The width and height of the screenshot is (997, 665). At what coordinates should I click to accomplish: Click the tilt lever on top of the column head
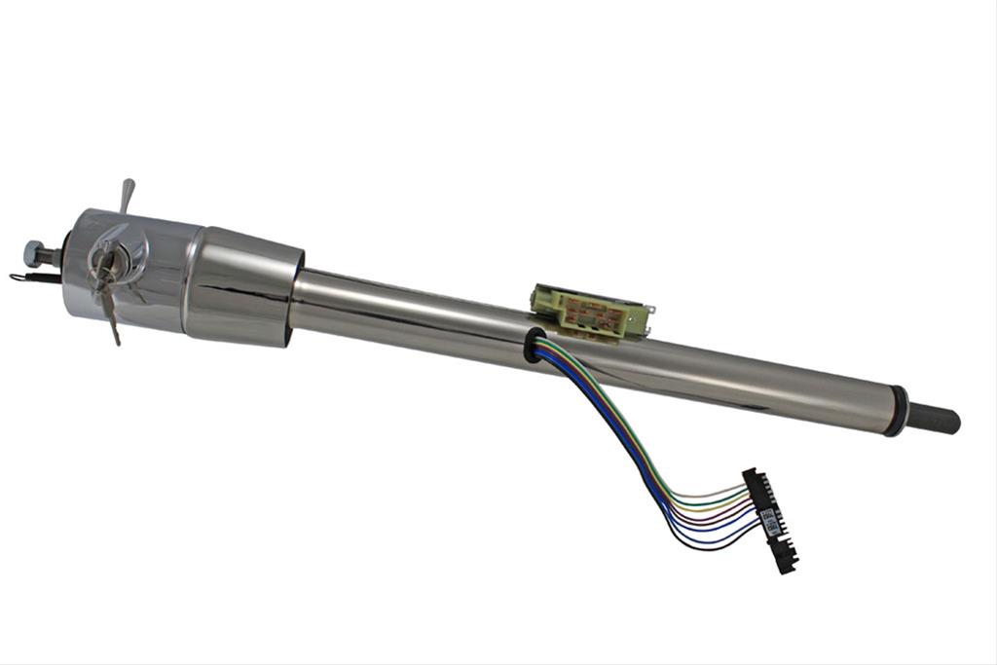pos(126,194)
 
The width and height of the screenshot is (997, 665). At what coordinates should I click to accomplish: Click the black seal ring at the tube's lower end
pos(896,411)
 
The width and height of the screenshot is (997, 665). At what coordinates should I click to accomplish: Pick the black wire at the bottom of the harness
pos(720,546)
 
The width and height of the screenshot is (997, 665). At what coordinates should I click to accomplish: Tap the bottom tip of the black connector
pos(787,568)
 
